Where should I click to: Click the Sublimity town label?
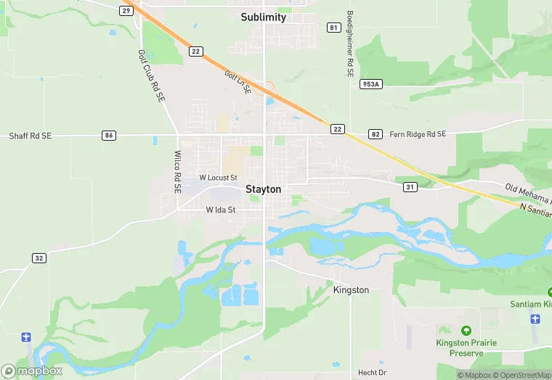(x=264, y=17)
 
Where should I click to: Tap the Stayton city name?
(x=263, y=189)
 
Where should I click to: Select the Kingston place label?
(x=351, y=290)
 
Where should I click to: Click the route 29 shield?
(x=127, y=10)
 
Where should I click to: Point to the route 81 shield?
(x=333, y=28)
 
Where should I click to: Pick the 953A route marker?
(x=370, y=84)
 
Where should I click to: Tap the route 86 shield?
(x=109, y=135)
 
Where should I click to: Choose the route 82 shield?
(x=375, y=134)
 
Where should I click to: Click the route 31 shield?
(x=410, y=187)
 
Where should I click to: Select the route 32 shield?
(x=38, y=257)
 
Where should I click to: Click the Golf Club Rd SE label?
(x=151, y=75)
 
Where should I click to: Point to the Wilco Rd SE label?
(x=177, y=172)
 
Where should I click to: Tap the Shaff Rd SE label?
(x=31, y=136)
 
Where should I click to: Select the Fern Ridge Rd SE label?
(x=418, y=134)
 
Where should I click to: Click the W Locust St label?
(x=218, y=178)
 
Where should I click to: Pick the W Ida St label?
(x=221, y=210)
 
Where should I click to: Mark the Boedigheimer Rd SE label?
(x=349, y=44)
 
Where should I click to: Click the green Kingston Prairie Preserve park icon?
(x=465, y=331)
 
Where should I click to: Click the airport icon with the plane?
(x=27, y=337)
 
